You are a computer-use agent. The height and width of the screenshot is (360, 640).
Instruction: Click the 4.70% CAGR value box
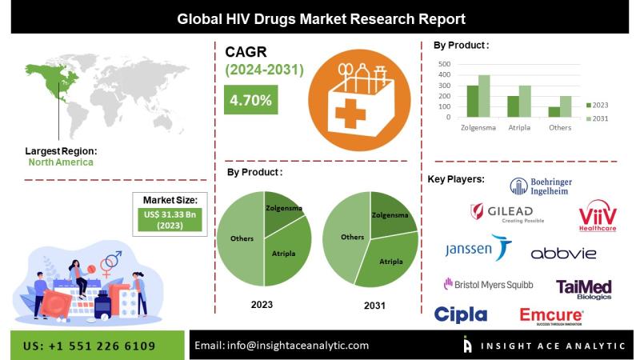click(250, 100)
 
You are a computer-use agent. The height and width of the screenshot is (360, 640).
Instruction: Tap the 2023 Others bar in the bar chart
click(554, 112)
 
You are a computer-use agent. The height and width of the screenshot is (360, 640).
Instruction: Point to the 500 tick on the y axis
click(444, 64)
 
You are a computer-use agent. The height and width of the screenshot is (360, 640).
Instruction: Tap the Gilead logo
click(505, 213)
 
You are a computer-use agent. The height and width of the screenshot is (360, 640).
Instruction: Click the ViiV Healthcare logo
click(598, 217)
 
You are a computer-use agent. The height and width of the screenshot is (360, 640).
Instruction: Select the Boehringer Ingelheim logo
click(541, 186)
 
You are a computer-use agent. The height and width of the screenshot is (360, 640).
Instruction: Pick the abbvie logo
click(563, 253)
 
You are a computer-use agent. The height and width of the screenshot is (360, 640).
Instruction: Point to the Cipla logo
click(461, 314)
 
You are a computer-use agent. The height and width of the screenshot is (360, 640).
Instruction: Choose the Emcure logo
click(550, 316)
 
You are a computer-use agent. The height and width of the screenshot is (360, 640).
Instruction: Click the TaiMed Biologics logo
click(584, 288)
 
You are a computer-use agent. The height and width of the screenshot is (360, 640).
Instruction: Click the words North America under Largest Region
click(61, 162)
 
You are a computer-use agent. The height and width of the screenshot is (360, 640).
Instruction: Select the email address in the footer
click(281, 345)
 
